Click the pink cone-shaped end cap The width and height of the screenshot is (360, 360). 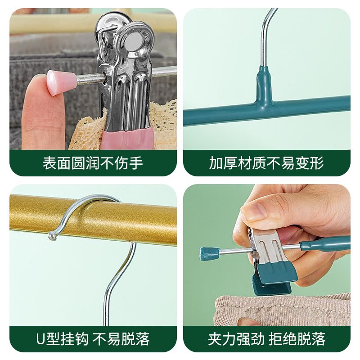coord(62,82)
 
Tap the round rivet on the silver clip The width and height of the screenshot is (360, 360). coord(134,42)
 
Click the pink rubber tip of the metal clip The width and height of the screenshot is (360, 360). coord(127,139)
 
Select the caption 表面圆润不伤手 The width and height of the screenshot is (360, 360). coord(93,163)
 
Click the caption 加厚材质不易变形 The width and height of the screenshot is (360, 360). coord(266,163)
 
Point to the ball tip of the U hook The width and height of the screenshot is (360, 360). coord(52,236)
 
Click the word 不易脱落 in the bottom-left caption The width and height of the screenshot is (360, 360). coord(121,339)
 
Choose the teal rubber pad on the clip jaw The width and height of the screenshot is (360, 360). coord(277,273)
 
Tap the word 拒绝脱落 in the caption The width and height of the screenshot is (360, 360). coord(297,339)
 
